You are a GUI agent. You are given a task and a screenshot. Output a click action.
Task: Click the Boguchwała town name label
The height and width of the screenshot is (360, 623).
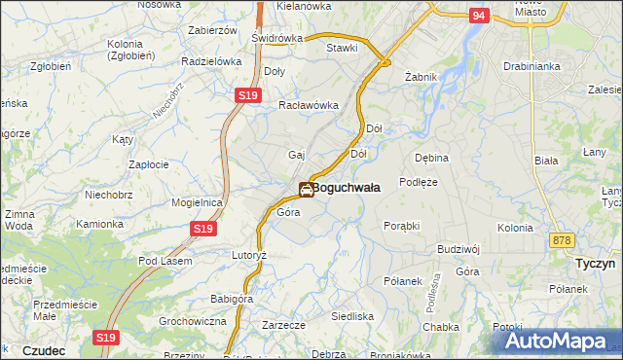tap(348, 188)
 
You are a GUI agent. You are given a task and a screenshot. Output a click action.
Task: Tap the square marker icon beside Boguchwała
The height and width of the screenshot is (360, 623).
tap(306, 190)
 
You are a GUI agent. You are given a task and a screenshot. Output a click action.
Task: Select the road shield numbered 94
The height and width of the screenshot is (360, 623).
tap(478, 16)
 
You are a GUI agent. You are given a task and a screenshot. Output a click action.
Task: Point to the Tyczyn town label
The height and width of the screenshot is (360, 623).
tap(592, 264)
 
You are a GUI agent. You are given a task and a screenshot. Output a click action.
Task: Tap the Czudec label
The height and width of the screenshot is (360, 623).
tap(43, 350)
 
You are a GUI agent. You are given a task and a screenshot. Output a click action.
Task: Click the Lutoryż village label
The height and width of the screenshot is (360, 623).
tap(248, 254)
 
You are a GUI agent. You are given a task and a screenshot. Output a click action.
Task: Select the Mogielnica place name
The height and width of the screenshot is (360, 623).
tap(198, 202)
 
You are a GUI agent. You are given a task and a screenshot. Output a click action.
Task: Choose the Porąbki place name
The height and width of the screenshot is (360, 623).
tap(401, 225)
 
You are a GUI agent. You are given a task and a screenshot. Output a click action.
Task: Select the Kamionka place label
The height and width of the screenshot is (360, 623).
tap(100, 223)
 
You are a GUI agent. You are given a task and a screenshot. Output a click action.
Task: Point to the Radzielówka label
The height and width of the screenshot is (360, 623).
tap(211, 60)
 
